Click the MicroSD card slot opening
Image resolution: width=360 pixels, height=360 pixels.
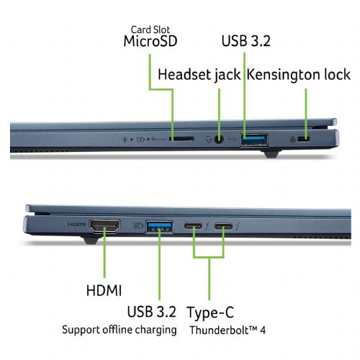click(x=182, y=139)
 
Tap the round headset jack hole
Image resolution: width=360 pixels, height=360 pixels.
click(x=218, y=139)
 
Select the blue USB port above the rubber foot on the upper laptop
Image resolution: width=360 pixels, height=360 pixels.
click(x=254, y=140)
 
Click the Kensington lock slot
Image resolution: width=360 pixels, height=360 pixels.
click(x=304, y=139)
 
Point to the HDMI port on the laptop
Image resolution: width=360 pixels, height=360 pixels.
click(x=105, y=226)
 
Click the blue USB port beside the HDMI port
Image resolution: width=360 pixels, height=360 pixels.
click(x=160, y=227)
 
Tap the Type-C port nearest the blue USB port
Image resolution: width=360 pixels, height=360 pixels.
click(x=193, y=226)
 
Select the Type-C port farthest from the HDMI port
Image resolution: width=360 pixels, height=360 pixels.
click(x=224, y=226)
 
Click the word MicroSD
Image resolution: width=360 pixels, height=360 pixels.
click(x=150, y=41)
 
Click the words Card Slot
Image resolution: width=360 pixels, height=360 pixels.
click(x=150, y=30)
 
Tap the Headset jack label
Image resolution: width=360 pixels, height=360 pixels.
click(x=199, y=74)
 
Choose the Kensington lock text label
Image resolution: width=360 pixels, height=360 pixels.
click(x=299, y=74)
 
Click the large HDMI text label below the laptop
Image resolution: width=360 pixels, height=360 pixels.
click(x=104, y=290)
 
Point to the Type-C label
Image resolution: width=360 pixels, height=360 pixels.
click(x=210, y=312)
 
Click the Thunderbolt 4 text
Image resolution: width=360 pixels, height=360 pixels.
click(x=228, y=330)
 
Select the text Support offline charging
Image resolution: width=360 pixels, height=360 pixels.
click(x=120, y=330)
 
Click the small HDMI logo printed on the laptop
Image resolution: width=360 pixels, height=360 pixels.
click(x=76, y=225)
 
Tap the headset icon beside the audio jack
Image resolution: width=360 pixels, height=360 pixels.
click(x=209, y=140)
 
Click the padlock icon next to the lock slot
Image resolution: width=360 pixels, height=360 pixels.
click(x=292, y=139)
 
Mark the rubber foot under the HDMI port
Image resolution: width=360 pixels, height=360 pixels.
click(x=91, y=239)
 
